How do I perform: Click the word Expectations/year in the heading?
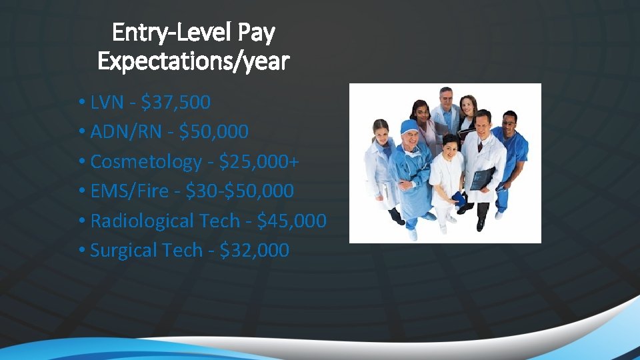pos(193,61)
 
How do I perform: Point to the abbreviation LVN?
pos(107,103)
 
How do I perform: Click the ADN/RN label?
pos(126,132)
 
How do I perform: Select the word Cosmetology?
pos(145,162)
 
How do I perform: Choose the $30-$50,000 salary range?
pos(239,191)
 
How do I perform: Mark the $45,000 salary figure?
pos(292,221)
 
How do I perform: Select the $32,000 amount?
pos(255,251)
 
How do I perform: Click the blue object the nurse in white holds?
pos(459,198)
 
